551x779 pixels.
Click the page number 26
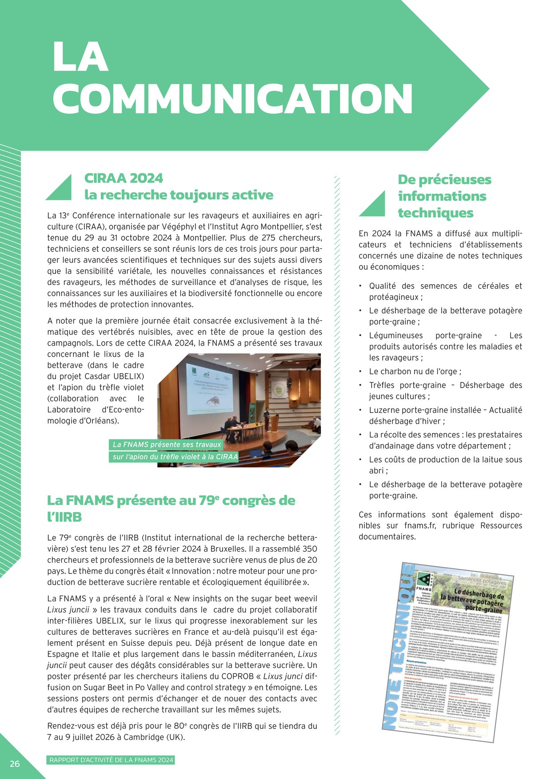(x=15, y=764)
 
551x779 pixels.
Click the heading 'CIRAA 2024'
(x=124, y=179)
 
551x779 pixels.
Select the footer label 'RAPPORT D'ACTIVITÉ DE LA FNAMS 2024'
(x=111, y=760)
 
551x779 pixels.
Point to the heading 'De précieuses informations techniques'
(x=444, y=196)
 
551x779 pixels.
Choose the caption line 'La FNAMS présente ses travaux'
(x=167, y=445)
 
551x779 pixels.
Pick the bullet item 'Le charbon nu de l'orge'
(x=415, y=372)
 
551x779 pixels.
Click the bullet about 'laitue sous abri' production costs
(x=445, y=465)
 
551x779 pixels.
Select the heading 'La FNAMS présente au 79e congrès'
(x=171, y=501)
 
